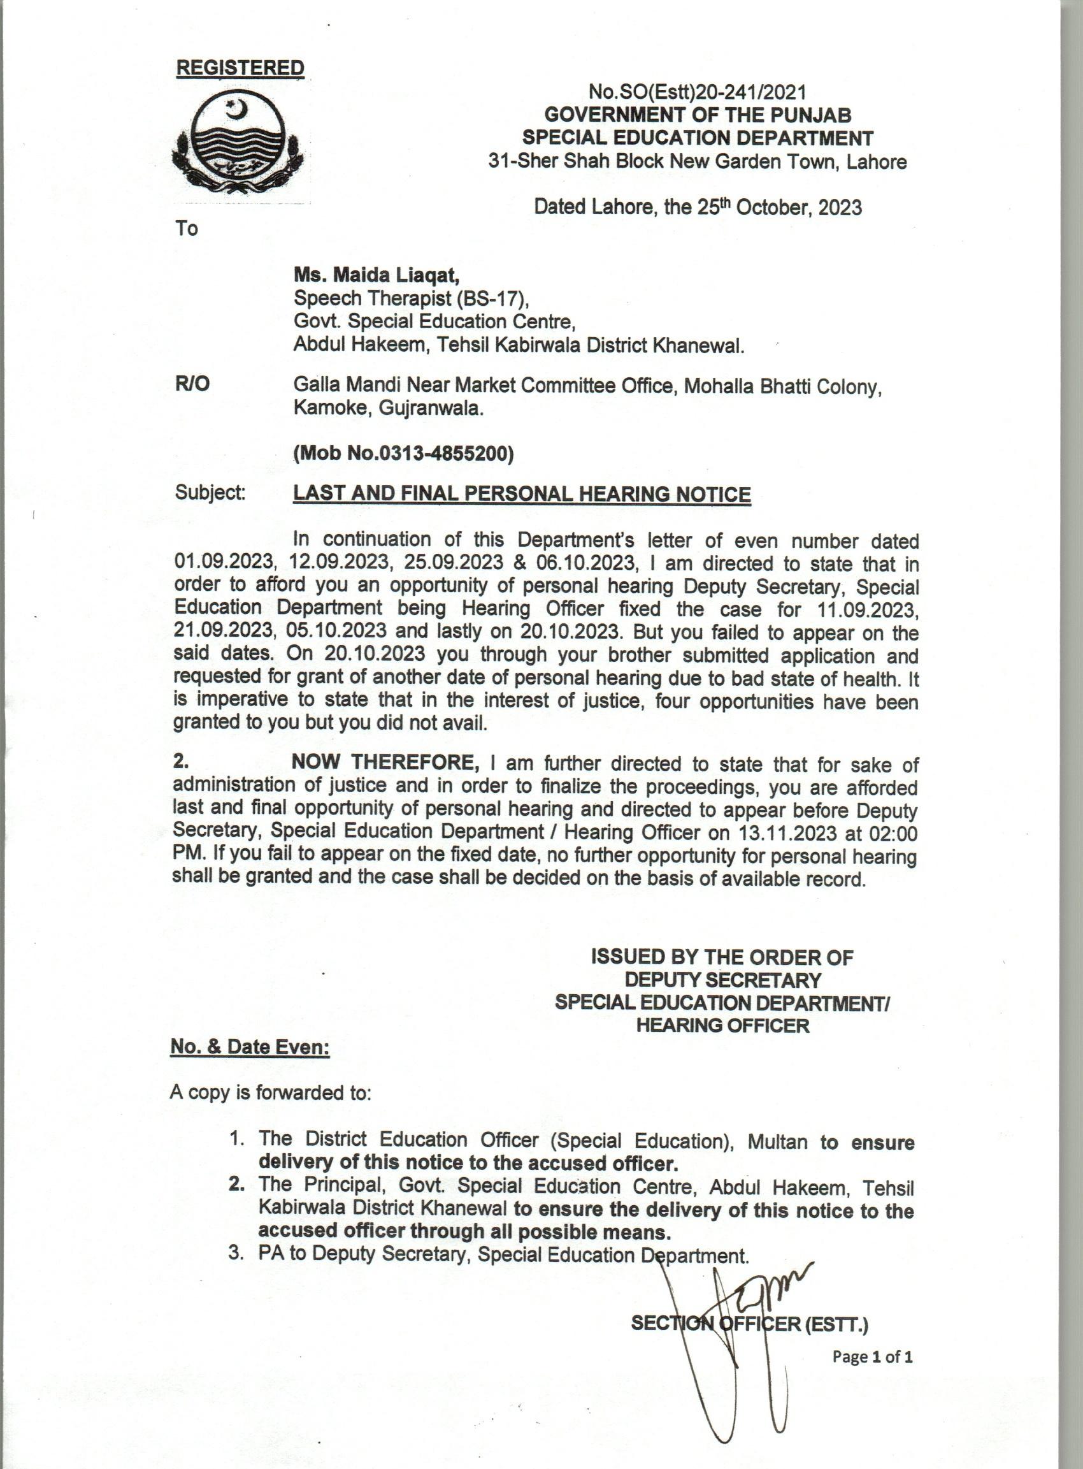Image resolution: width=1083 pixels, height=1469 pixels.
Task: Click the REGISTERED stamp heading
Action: [241, 68]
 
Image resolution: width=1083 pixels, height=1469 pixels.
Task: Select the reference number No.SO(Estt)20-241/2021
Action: [698, 92]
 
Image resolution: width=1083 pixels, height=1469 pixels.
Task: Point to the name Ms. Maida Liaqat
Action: [377, 275]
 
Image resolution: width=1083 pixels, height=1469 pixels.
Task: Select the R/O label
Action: [192, 384]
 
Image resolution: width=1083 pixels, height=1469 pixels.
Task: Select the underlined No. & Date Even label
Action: [250, 1046]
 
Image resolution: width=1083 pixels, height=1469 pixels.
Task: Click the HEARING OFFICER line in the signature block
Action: [722, 1025]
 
